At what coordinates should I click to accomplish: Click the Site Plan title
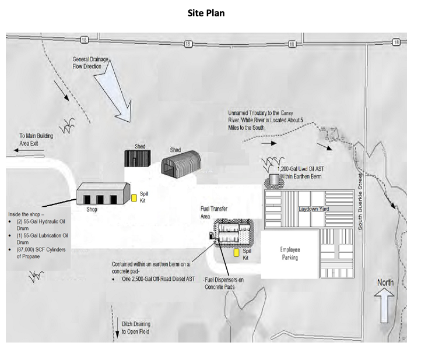(206, 13)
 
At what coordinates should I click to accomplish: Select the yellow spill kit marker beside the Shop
(134, 198)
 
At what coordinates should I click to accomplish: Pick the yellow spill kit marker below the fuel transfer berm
(236, 253)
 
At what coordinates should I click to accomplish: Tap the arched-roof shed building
(181, 164)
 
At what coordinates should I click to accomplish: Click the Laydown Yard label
(315, 208)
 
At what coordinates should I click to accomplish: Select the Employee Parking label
(290, 253)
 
